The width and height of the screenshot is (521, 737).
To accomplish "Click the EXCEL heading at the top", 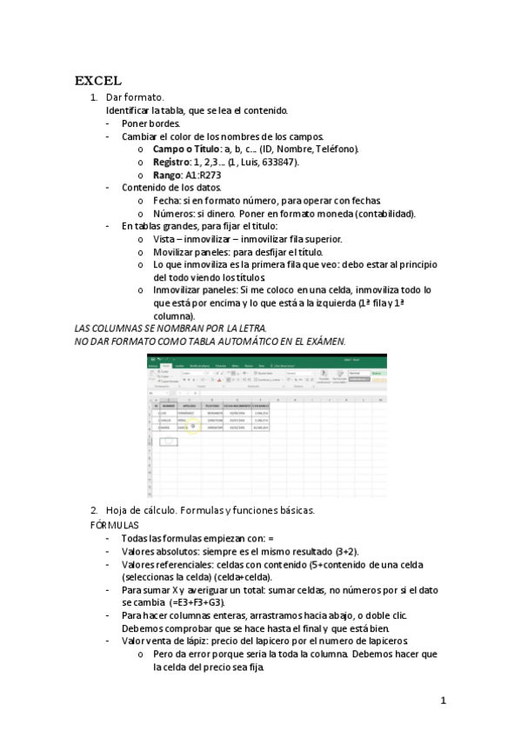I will click(x=97, y=81).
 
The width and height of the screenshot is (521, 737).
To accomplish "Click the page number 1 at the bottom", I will click(x=443, y=700).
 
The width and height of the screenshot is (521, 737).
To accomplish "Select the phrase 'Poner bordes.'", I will click(x=151, y=123).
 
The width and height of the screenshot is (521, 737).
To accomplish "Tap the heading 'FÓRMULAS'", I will click(x=114, y=526).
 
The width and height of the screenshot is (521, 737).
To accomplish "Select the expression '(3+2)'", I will click(x=348, y=551).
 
